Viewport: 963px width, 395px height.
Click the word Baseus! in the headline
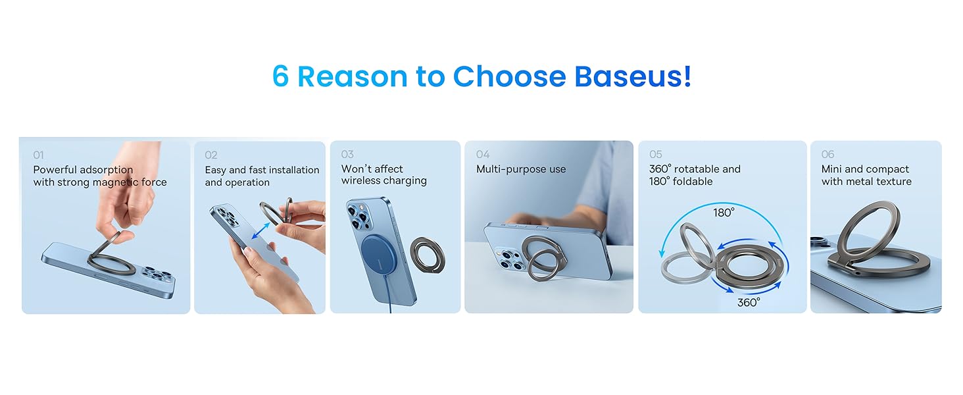pos(633,76)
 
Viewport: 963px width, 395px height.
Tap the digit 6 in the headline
pos(280,76)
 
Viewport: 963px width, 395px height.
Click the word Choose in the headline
pos(509,76)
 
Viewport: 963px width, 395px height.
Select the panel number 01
pos(38,155)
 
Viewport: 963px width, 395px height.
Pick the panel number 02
pos(210,155)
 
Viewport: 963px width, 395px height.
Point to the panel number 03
pos(347,154)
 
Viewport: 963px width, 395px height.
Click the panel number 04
pos(483,154)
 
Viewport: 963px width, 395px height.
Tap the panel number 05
pos(656,154)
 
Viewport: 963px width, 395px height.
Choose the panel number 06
pos(827,154)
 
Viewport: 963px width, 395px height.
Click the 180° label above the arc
pos(724,213)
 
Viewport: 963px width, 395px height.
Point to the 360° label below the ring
pos(749,302)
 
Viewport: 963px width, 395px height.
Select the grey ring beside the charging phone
pos(428,255)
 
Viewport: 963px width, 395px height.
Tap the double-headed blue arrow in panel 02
pos(260,230)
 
